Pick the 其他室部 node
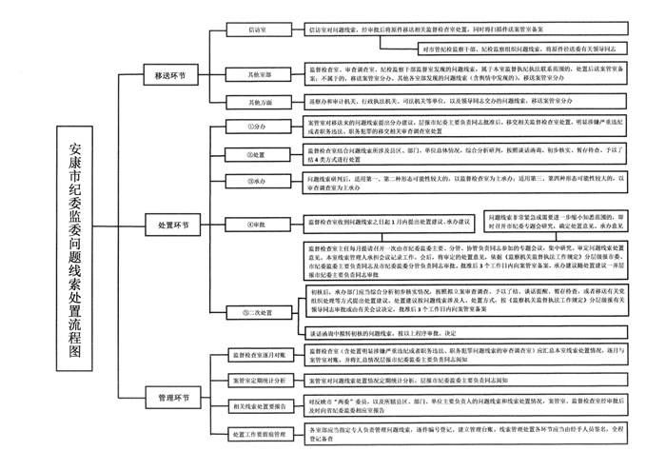pos(255,73)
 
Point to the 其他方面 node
pos(255,100)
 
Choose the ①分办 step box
pos(255,127)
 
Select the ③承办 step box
pos(255,180)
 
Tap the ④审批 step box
pos(255,226)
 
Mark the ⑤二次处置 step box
pos(255,311)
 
